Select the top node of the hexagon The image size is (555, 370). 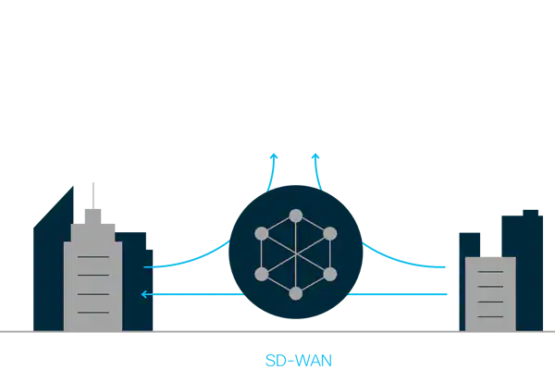(x=296, y=216)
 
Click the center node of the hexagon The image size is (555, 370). (x=296, y=254)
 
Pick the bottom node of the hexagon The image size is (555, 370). (x=296, y=293)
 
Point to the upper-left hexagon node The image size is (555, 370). (x=262, y=234)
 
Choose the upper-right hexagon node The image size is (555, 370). (x=330, y=234)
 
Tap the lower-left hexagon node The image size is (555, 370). (x=262, y=274)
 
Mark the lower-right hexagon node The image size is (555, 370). (x=330, y=274)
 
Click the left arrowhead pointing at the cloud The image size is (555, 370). (x=273, y=157)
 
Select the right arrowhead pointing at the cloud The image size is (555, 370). (x=315, y=157)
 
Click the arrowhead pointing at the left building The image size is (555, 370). (x=145, y=295)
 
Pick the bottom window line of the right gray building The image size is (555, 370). (x=489, y=314)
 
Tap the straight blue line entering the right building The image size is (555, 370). (x=407, y=295)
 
